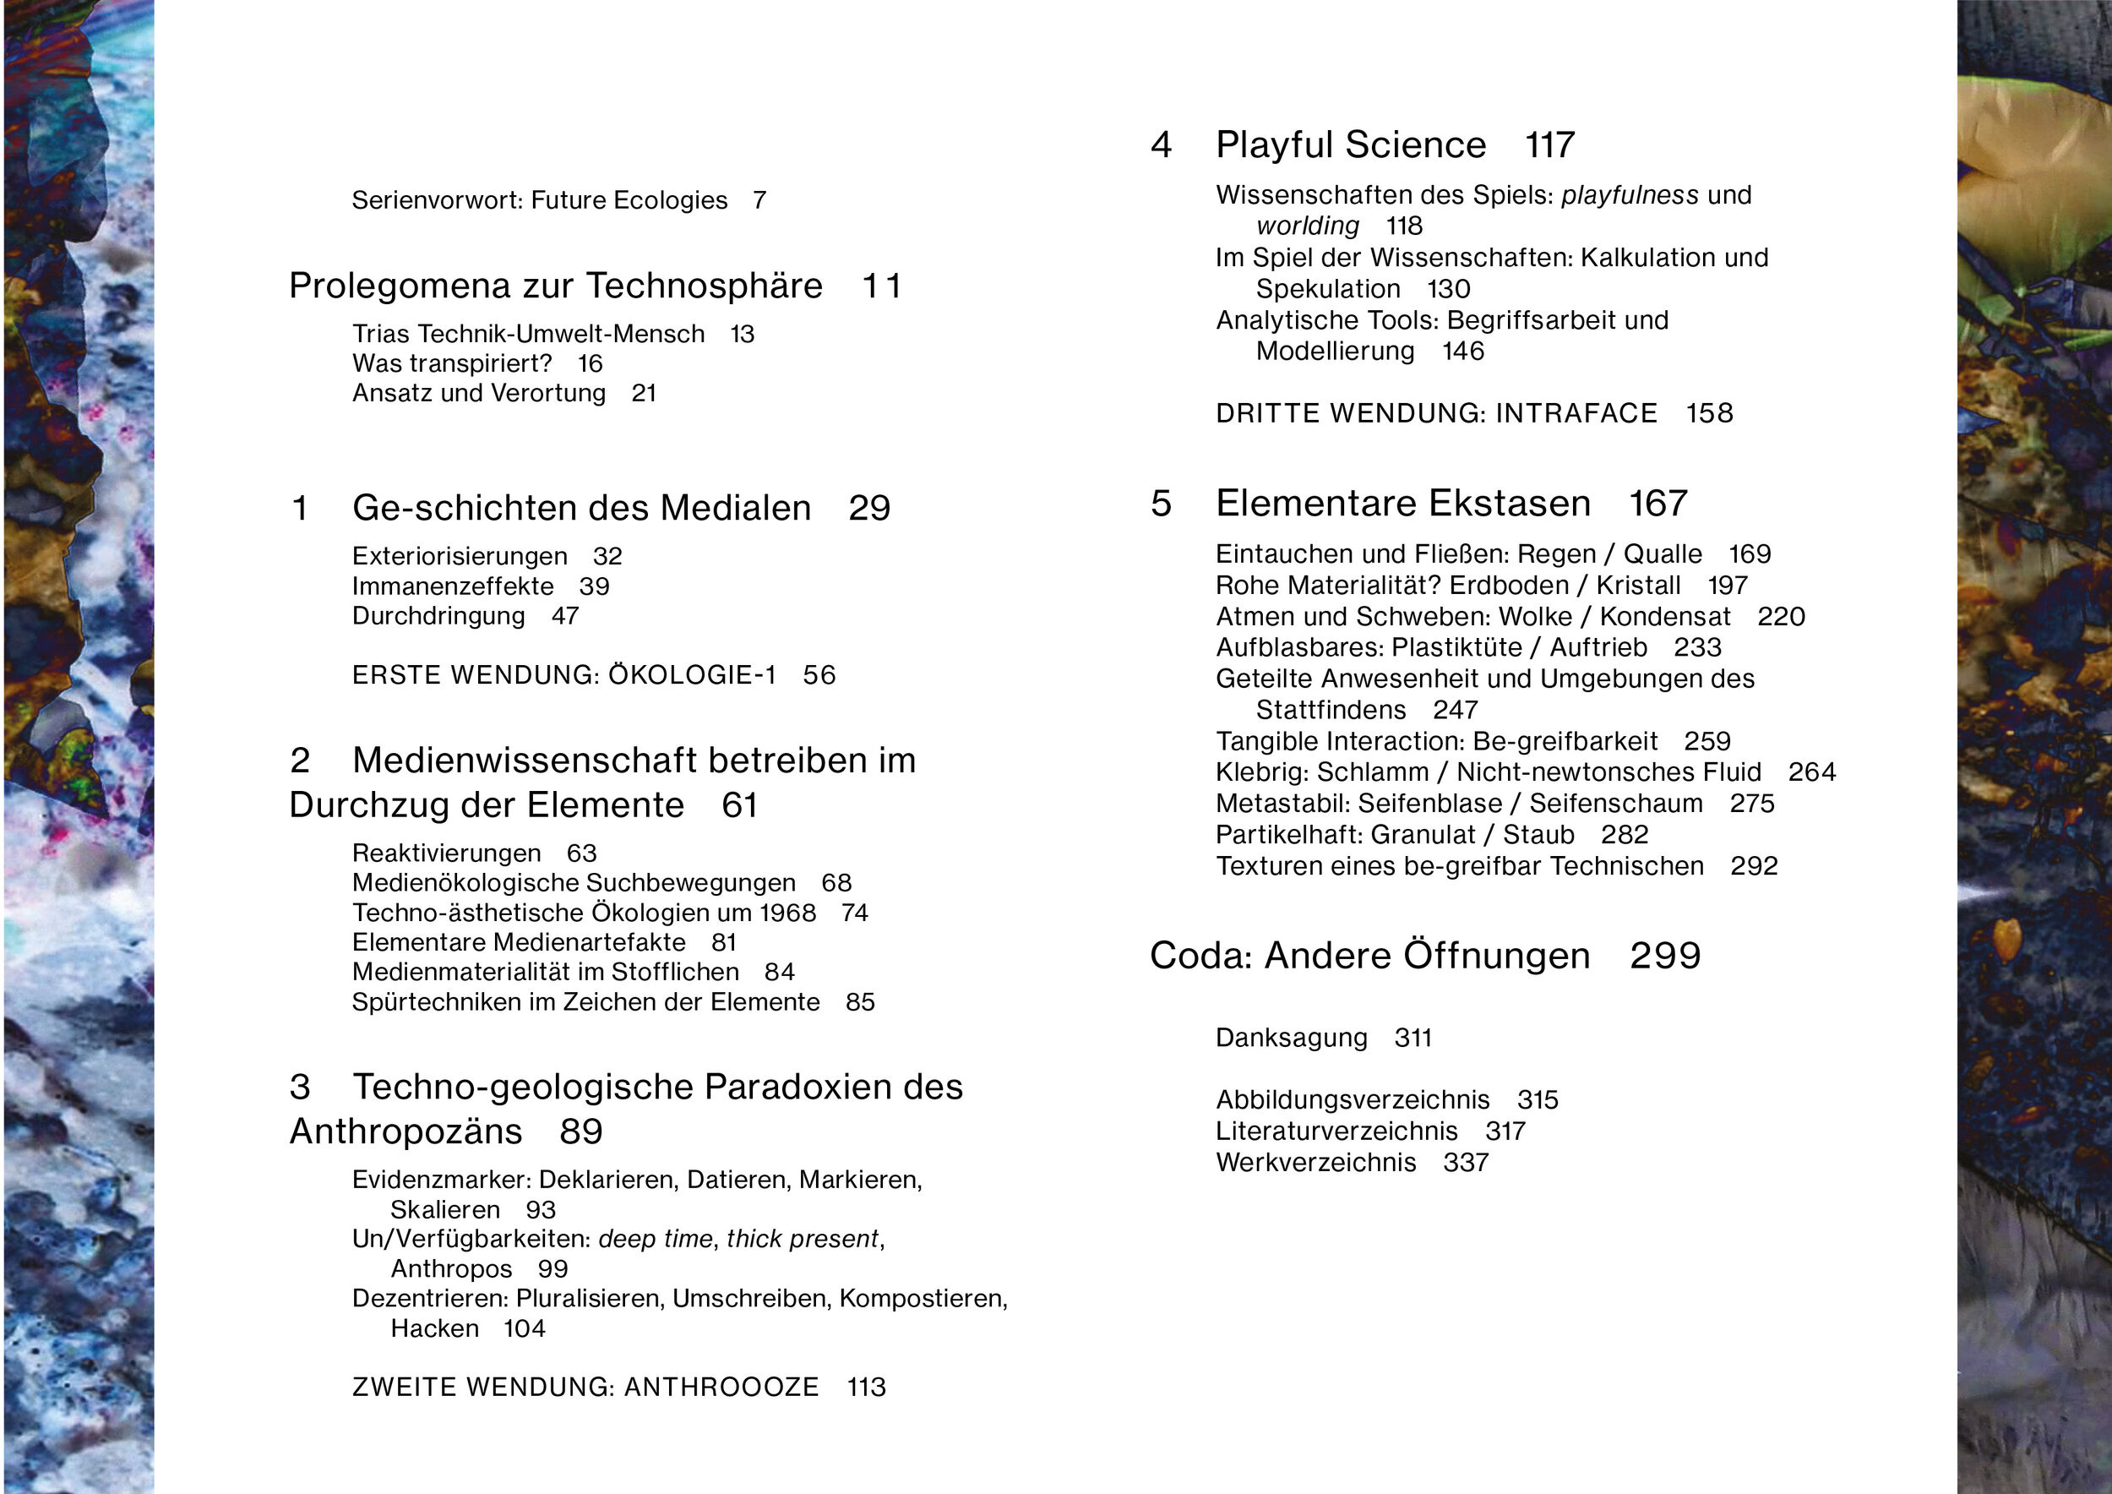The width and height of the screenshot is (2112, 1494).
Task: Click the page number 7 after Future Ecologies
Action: coord(759,200)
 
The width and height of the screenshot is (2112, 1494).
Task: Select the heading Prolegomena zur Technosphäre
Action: coord(556,286)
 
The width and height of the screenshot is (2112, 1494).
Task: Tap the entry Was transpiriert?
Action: coord(452,363)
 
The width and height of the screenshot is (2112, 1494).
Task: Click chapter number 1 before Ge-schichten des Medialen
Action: coord(300,508)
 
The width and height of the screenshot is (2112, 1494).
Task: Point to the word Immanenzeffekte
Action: coord(453,586)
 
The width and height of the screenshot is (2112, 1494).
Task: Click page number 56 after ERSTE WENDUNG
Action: coord(819,675)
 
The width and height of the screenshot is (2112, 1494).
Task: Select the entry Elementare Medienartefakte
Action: coord(519,942)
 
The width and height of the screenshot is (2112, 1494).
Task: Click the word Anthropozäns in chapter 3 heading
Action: coord(406,1131)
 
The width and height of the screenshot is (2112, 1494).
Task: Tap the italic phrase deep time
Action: coord(655,1239)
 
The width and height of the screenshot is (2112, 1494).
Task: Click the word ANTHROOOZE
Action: coord(721,1388)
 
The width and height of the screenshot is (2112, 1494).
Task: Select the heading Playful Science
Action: coord(1350,145)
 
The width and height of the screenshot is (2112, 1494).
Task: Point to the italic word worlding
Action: coord(1307,226)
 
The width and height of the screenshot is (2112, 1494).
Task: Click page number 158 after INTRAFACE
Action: coord(1709,413)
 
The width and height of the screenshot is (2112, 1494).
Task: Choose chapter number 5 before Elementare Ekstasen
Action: coord(1161,504)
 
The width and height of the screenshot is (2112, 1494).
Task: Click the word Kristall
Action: coord(1638,585)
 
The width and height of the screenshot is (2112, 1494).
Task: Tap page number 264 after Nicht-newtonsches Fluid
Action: coord(1811,772)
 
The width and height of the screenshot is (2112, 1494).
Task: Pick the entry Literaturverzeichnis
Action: coord(1336,1131)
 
